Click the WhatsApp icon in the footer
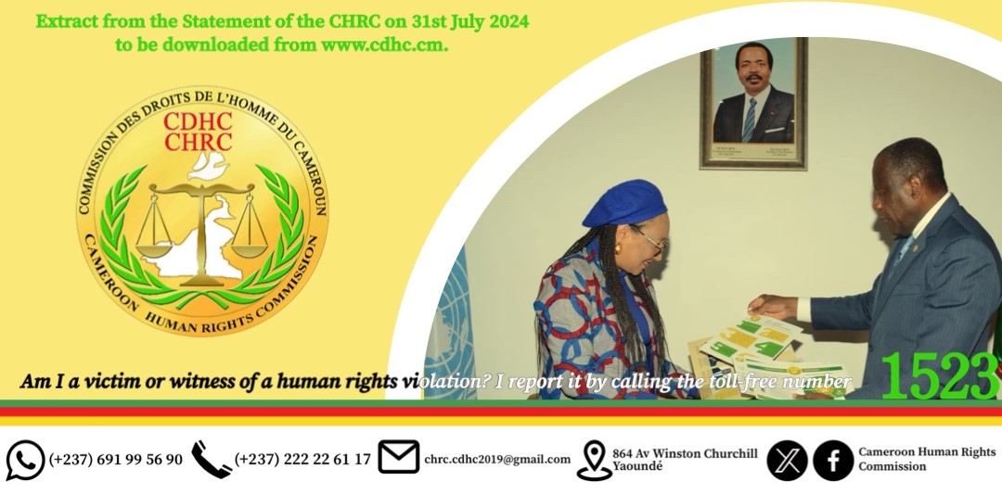[25, 460]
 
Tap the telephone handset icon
[211, 459]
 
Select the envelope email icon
[399, 457]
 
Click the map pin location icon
[594, 460]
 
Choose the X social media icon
[787, 460]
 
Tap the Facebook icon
[833, 460]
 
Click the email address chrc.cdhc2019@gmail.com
[497, 459]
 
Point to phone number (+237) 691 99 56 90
[116, 459]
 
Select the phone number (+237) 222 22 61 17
[302, 459]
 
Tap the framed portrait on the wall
[754, 103]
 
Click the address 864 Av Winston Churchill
[685, 453]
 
